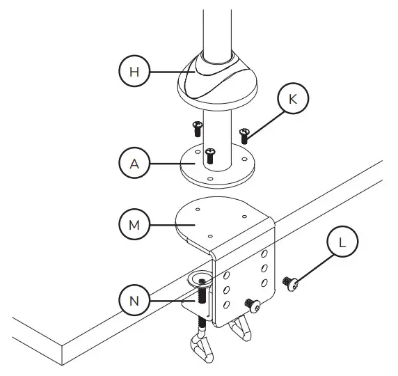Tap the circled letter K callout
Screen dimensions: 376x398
pos(292,99)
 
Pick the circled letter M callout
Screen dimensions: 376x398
pos(134,225)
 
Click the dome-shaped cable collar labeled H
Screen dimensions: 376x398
pos(218,81)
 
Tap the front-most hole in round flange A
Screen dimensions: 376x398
pos(211,178)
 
